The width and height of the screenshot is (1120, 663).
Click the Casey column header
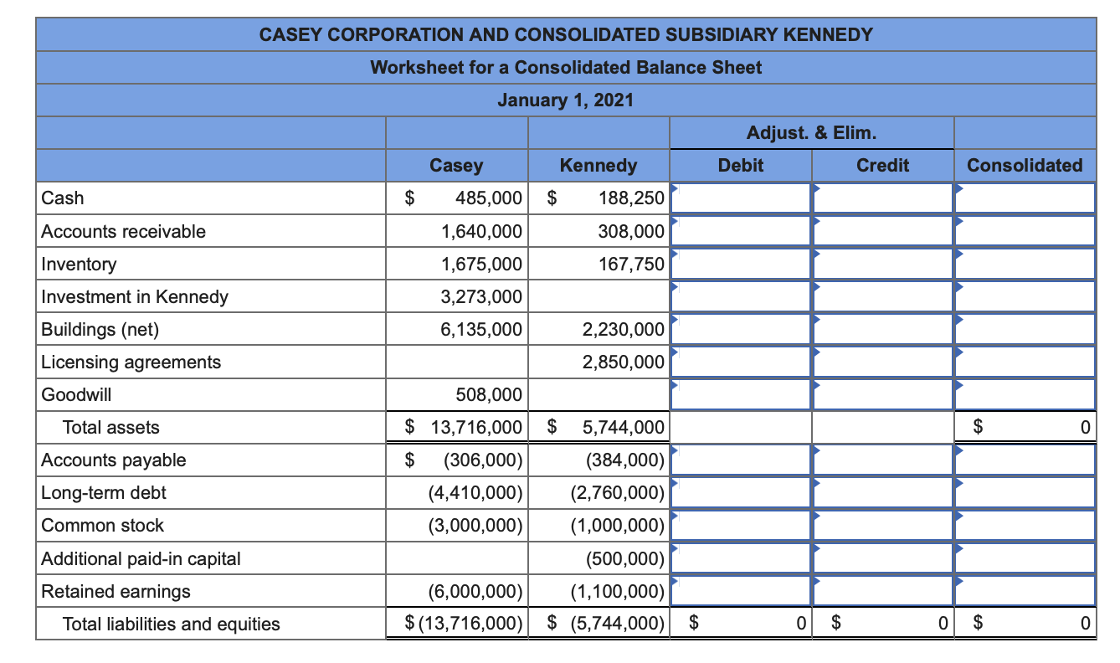pos(456,166)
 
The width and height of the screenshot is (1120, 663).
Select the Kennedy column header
pos(598,166)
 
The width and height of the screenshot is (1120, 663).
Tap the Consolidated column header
pos(1024,166)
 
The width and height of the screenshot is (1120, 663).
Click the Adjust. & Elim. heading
pos(811,133)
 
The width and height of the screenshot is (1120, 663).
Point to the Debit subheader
pos(741,166)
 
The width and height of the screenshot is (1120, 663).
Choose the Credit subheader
pos(882,166)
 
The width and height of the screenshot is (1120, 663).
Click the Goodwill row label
pos(76,395)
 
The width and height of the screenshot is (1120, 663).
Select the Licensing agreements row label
pos(131,362)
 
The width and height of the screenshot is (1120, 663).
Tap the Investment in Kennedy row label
pos(135,297)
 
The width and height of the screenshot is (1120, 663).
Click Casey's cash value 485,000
pos(489,199)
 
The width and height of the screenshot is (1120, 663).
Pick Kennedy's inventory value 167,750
pos(631,265)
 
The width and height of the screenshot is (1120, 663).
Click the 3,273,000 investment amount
pos(481,297)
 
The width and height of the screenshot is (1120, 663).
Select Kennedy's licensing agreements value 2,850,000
pos(624,362)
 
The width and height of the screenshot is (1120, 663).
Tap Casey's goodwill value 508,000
pos(488,395)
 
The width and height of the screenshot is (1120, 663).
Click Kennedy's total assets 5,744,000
pos(623,428)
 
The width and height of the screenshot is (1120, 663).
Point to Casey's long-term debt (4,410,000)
pos(475,493)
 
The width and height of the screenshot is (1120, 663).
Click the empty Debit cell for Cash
pos(741,199)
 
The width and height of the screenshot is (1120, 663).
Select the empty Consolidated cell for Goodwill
pos(1025,395)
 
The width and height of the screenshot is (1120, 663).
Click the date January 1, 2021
pos(566,100)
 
